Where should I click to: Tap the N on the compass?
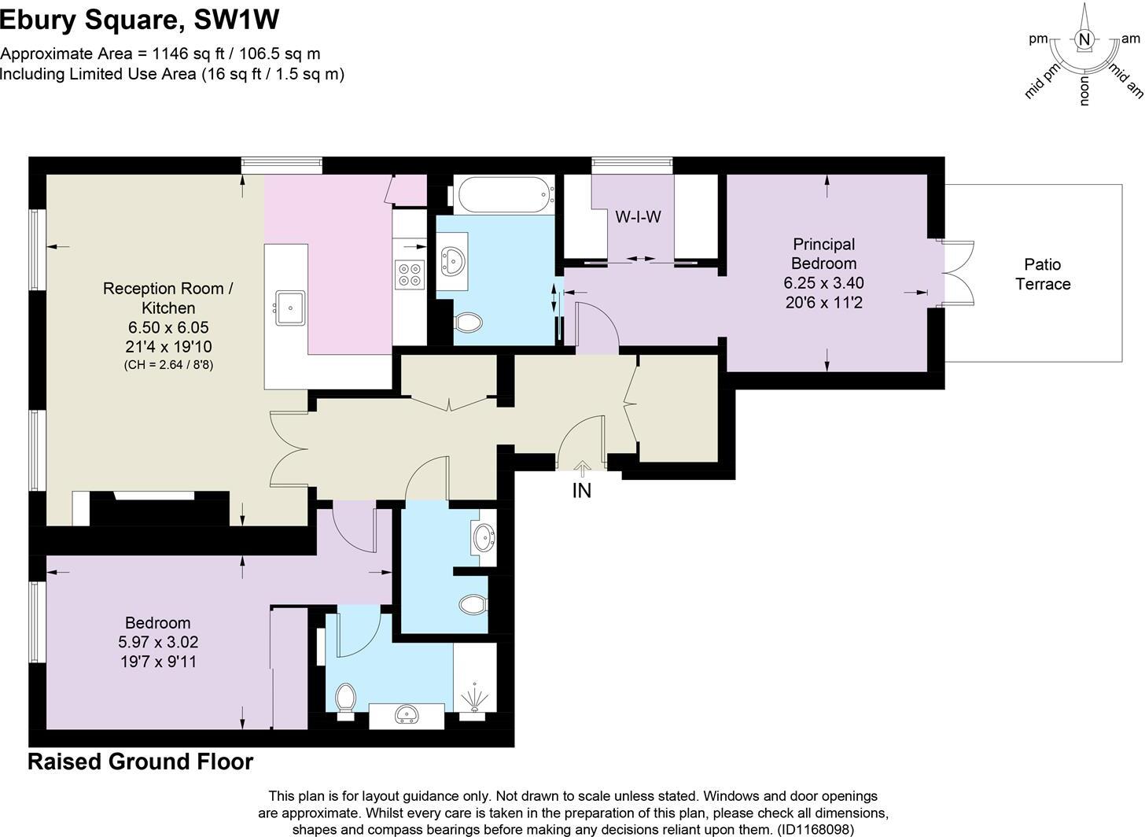tap(1084, 40)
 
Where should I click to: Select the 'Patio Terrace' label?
tap(1043, 274)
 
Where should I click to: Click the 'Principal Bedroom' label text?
tap(823, 254)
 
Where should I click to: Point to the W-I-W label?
tap(638, 216)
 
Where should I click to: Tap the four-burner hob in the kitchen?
tap(409, 274)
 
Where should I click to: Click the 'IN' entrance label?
tap(581, 491)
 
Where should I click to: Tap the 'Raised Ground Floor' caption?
tap(141, 761)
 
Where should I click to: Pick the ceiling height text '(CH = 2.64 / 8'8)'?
tap(168, 365)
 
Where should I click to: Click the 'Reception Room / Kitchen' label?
tap(168, 298)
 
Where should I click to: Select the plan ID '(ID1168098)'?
tap(814, 829)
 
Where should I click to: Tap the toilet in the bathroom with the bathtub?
tap(469, 322)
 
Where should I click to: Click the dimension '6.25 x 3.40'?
tap(823, 282)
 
